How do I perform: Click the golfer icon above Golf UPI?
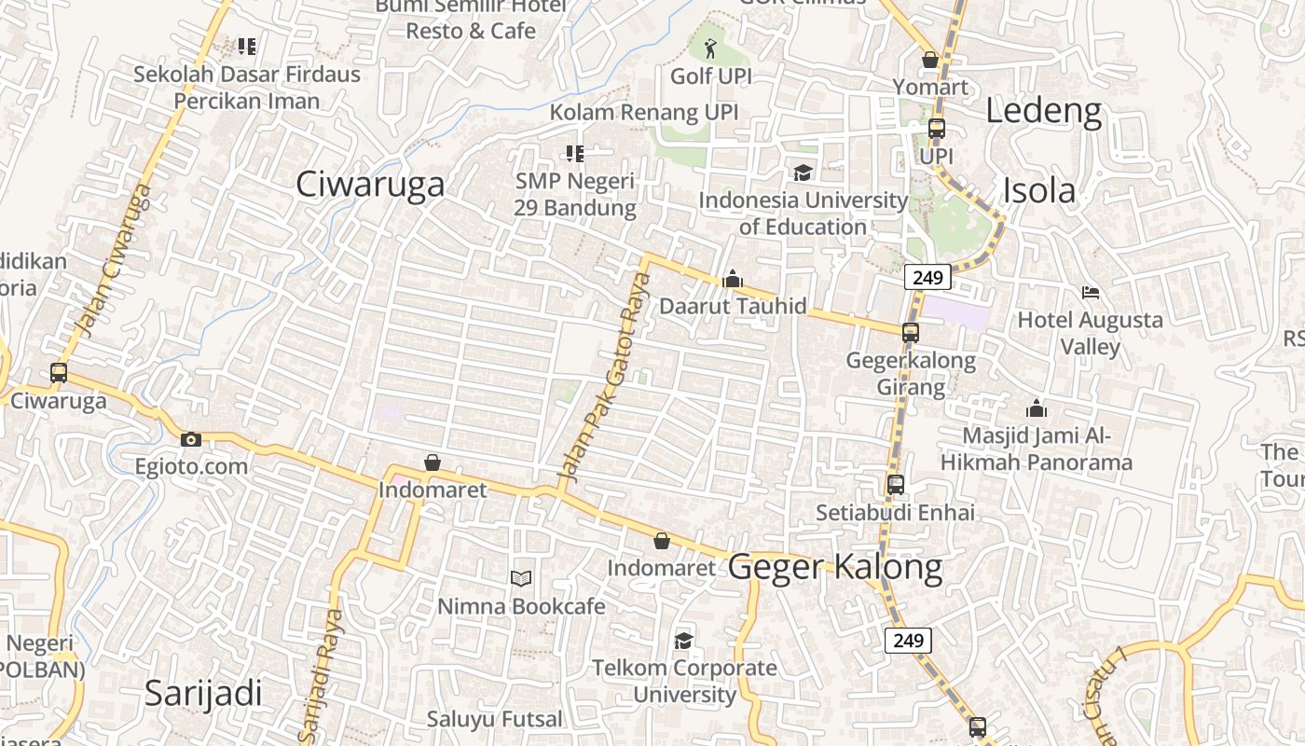(x=710, y=48)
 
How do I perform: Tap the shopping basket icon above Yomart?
(x=929, y=60)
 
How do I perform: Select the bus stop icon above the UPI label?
(x=937, y=129)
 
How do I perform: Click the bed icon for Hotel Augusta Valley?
(x=1091, y=293)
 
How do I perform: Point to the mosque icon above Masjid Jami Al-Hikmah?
(x=1036, y=408)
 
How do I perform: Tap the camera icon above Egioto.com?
(x=191, y=439)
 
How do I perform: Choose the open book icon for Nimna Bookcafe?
(x=521, y=579)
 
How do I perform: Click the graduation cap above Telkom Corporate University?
(x=684, y=641)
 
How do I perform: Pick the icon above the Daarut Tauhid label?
(x=733, y=279)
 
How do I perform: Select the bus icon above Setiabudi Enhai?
(x=896, y=485)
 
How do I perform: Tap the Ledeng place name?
(x=1043, y=111)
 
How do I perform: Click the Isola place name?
(x=1038, y=190)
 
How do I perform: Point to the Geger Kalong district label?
(x=834, y=567)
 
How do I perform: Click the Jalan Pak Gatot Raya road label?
(x=604, y=380)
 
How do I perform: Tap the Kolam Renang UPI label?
(x=643, y=113)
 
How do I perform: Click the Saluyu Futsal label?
(x=495, y=719)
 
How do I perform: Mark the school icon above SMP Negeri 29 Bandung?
(x=575, y=153)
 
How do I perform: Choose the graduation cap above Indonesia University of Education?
(x=803, y=173)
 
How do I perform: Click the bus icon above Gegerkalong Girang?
(x=911, y=332)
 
